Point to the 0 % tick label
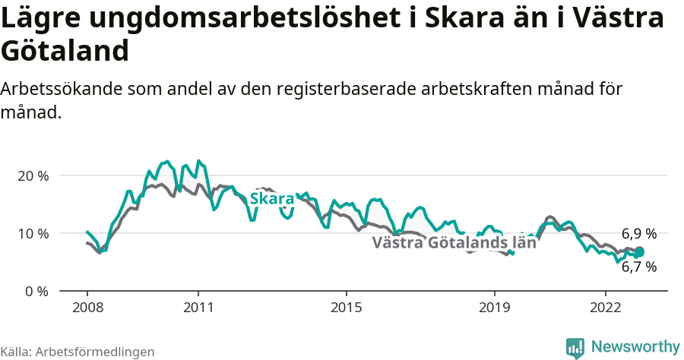[37, 291]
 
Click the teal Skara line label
[272, 199]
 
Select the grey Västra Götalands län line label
[454, 243]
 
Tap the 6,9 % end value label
[639, 234]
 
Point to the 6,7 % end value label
[639, 267]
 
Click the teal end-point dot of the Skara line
[639, 252]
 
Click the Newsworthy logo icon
[575, 347]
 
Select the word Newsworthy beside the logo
[635, 347]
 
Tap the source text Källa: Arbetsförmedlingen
[78, 352]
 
